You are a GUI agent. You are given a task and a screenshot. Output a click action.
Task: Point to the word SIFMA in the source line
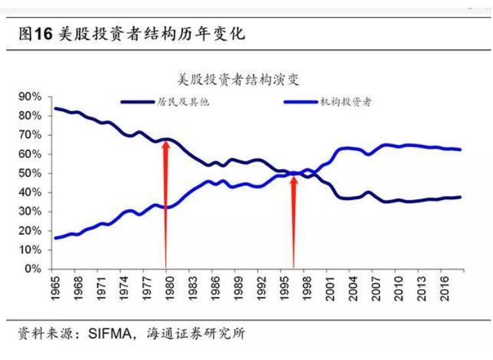click(109, 334)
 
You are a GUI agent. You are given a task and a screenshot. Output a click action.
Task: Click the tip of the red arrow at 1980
click(166, 140)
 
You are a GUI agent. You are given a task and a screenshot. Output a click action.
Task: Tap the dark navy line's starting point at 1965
click(55, 108)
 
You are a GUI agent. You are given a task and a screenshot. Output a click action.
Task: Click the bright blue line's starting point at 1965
click(55, 238)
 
